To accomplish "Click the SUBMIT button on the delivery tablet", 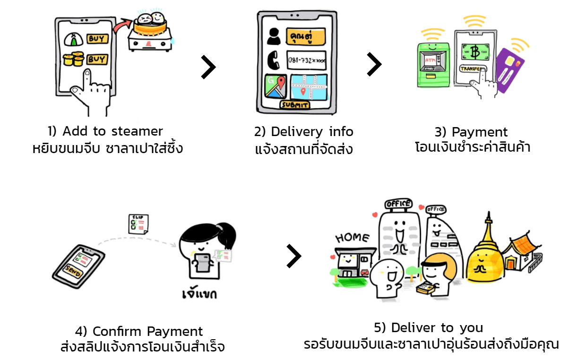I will click(x=294, y=105).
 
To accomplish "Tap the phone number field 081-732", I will click(x=306, y=60).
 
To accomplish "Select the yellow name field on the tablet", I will click(x=306, y=36).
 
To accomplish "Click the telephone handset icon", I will click(x=273, y=60).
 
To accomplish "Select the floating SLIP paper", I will click(x=138, y=223).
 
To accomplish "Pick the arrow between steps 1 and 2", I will click(x=208, y=67).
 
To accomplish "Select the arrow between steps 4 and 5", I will click(x=293, y=256).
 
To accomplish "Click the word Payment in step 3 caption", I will click(x=480, y=132).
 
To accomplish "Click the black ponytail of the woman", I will click(x=227, y=232).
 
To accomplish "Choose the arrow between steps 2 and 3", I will click(x=374, y=64).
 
